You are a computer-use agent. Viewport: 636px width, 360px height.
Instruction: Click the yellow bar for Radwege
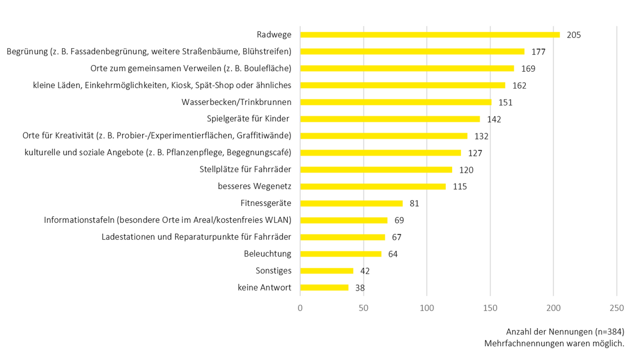430,35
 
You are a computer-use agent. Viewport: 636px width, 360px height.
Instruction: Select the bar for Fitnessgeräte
351,203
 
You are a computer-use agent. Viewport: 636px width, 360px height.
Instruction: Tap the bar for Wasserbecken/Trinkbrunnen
396,102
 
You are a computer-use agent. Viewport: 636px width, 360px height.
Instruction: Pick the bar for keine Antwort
324,288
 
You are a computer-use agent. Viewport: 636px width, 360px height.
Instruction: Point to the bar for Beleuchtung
341,254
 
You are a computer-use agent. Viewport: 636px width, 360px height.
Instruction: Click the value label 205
573,35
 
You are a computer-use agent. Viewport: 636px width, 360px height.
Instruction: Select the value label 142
494,119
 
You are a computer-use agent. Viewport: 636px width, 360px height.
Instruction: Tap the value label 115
460,187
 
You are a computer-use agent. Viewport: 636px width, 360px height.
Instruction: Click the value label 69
399,220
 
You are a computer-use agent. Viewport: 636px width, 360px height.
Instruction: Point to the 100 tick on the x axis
427,308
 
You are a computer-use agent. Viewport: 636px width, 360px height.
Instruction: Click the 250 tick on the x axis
616,308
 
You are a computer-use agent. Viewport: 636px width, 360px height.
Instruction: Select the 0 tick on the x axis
301,308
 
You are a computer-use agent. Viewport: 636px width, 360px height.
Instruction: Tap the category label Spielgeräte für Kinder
249,119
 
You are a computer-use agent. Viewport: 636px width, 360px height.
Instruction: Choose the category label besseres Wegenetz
254,186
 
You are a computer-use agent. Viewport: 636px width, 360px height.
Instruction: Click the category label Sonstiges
273,270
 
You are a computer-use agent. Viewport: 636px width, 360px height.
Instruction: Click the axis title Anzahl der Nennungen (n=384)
565,332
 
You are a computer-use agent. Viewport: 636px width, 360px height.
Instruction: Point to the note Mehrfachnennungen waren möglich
554,344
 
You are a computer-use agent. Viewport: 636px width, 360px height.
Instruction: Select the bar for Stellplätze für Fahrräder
376,170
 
